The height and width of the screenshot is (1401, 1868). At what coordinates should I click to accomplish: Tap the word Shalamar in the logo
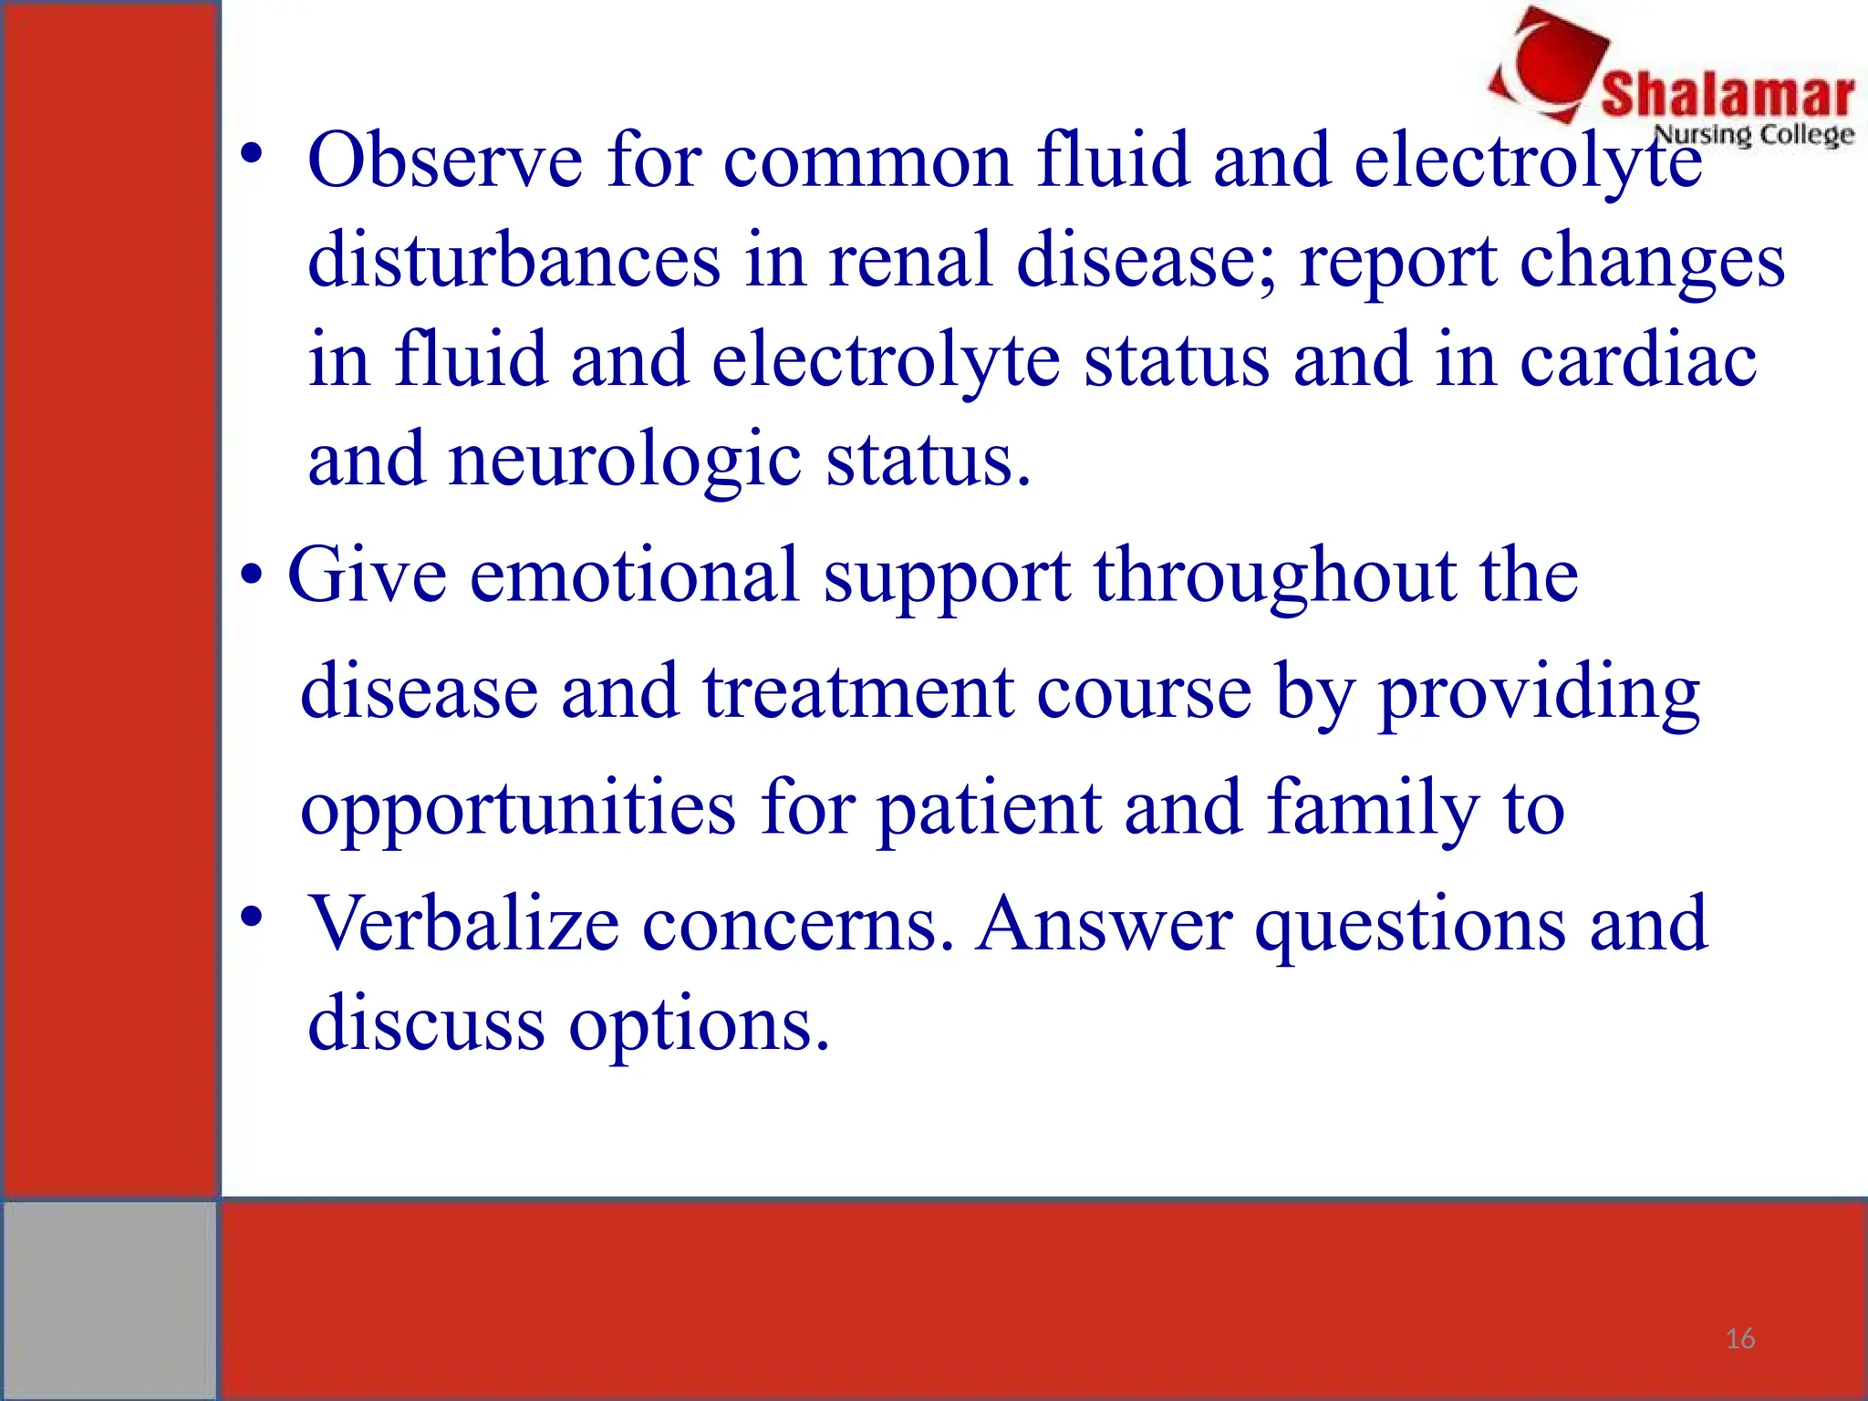point(1728,94)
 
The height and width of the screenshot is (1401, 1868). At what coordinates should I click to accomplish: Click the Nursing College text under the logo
point(1753,134)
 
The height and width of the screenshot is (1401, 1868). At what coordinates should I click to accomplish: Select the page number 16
point(1739,1339)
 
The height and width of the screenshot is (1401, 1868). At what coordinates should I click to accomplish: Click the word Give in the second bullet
point(367,575)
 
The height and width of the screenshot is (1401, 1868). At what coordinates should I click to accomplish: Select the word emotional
point(634,575)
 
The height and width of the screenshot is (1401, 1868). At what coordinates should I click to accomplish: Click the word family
point(1373,808)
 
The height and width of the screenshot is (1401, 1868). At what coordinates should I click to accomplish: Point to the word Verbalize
point(463,924)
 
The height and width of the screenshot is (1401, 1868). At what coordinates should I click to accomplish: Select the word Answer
point(1104,924)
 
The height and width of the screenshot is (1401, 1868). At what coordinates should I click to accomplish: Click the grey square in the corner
point(109,1299)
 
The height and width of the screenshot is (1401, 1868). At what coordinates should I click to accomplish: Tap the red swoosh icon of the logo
point(1551,64)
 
